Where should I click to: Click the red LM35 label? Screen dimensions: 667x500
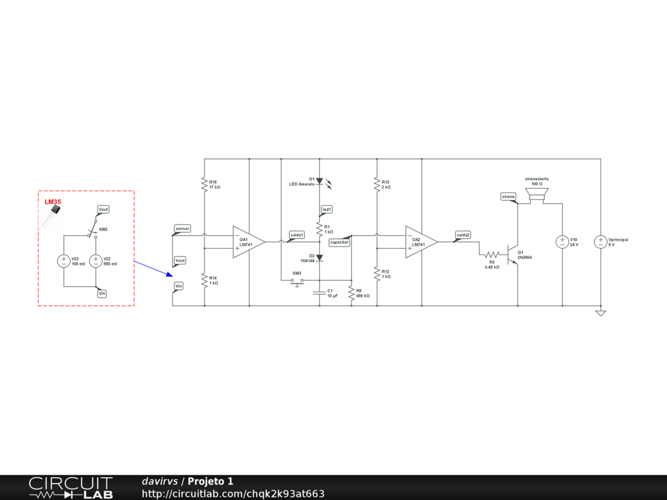(x=53, y=202)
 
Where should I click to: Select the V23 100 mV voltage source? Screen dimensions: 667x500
(x=64, y=261)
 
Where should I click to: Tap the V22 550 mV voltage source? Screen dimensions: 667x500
(x=96, y=261)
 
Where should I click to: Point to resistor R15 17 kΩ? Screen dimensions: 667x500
(x=205, y=184)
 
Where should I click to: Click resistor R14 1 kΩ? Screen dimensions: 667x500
(x=205, y=280)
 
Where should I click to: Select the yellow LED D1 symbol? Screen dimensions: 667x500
(x=319, y=180)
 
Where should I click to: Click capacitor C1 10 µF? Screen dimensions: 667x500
(x=319, y=292)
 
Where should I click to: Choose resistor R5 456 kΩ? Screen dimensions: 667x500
(x=351, y=292)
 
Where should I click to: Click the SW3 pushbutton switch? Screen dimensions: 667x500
(x=297, y=281)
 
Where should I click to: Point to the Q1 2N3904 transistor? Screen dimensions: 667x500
(x=515, y=254)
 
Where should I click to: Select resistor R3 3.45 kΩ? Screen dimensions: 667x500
(x=492, y=254)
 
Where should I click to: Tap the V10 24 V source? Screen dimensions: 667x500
(x=562, y=242)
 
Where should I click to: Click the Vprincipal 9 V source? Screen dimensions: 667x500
(x=601, y=242)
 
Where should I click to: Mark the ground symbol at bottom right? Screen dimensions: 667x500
(x=601, y=313)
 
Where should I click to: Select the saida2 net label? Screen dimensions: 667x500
(x=462, y=235)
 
